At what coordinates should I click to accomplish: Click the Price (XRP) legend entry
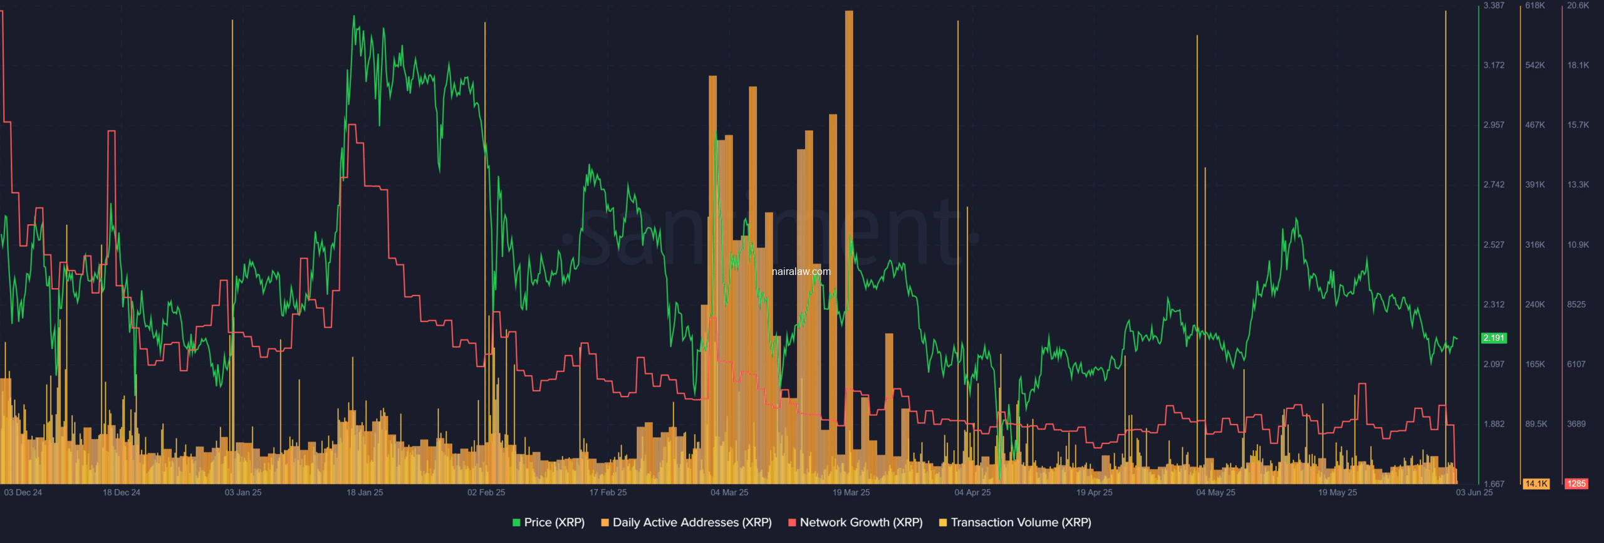[x=548, y=522]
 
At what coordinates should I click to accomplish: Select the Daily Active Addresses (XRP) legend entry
[x=686, y=522]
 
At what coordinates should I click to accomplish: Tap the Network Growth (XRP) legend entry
[x=855, y=522]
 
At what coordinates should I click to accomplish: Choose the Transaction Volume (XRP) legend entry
[x=1015, y=522]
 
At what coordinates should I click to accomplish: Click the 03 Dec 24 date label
[x=23, y=492]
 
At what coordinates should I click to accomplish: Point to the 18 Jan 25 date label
[x=365, y=492]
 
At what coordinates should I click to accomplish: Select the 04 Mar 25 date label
[x=729, y=492]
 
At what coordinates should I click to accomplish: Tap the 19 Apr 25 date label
[x=1094, y=492]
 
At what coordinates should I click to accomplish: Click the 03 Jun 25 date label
[x=1474, y=492]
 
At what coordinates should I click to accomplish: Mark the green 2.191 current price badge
[x=1494, y=338]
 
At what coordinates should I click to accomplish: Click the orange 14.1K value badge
[x=1536, y=484]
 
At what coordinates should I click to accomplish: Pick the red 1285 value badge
[x=1576, y=484]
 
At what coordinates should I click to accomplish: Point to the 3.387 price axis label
[x=1494, y=6]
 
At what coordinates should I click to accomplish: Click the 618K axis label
[x=1535, y=6]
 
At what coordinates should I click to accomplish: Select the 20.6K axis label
[x=1578, y=6]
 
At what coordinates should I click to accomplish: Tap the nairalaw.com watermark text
[x=801, y=271]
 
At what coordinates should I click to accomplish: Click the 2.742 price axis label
[x=1494, y=185]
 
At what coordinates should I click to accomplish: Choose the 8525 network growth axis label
[x=1576, y=304]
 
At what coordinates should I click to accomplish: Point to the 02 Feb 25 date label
[x=486, y=492]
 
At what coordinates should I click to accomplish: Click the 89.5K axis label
[x=1536, y=424]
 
